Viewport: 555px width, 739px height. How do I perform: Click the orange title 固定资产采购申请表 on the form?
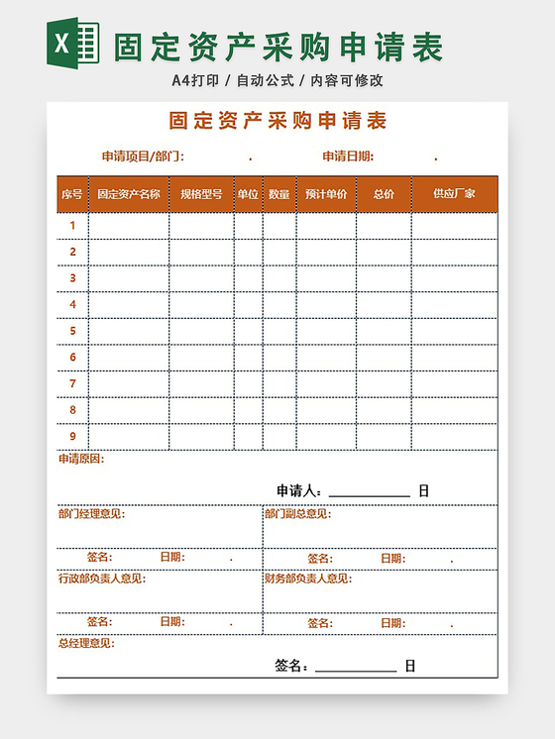click(x=277, y=122)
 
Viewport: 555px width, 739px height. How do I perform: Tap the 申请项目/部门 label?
click(x=143, y=157)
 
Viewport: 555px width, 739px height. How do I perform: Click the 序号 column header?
click(x=71, y=194)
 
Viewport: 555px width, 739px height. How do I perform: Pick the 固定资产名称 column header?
click(x=128, y=194)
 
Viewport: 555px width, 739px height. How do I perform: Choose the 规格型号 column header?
click(x=201, y=194)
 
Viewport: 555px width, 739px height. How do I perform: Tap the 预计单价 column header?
click(x=326, y=194)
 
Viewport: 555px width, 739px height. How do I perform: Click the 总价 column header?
click(x=384, y=194)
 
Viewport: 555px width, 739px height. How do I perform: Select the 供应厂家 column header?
click(x=454, y=194)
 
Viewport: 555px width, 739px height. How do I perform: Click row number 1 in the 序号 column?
click(x=72, y=226)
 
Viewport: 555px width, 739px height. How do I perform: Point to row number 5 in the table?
click(x=72, y=331)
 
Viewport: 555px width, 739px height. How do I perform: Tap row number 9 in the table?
click(x=72, y=436)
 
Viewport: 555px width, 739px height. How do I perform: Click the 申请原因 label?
click(x=81, y=459)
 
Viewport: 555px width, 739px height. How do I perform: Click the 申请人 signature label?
click(x=298, y=490)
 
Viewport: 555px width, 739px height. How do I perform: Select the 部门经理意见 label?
click(x=92, y=513)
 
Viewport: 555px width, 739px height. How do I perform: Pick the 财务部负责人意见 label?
click(x=307, y=579)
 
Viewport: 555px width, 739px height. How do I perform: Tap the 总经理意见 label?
click(x=86, y=644)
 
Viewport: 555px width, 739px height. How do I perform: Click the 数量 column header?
click(x=278, y=194)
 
